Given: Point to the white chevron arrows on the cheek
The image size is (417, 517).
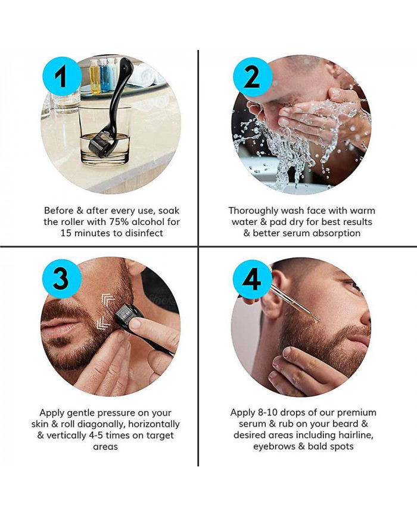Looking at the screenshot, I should tap(108, 309).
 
